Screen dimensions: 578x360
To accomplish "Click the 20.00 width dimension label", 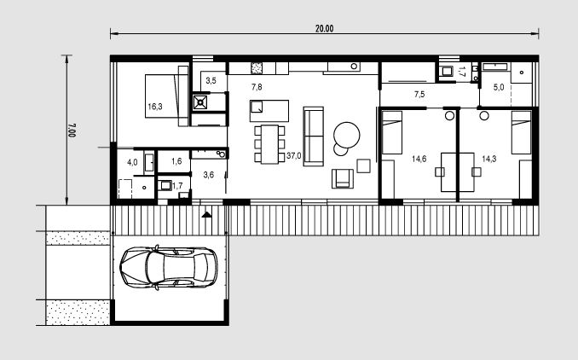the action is click(325, 28).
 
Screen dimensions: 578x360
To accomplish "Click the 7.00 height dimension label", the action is click(72, 131).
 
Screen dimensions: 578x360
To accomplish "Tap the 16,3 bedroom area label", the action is click(155, 107).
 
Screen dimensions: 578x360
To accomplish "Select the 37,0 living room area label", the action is click(294, 155).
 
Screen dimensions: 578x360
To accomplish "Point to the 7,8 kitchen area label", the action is click(257, 87).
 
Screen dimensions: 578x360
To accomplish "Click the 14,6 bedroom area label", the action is click(419, 159).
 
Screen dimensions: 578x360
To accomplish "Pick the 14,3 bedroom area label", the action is click(489, 159).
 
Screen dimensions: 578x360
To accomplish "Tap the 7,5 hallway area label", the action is click(419, 95).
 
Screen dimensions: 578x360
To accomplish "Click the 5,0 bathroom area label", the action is click(499, 87).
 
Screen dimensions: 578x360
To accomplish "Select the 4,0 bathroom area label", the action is click(132, 162).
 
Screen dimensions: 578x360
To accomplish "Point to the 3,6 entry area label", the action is click(209, 175).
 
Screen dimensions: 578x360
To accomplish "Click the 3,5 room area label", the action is click(211, 80).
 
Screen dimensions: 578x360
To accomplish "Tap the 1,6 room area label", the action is click(176, 161).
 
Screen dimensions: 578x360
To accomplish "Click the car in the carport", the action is click(169, 267).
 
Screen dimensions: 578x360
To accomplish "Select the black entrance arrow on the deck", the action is click(207, 214).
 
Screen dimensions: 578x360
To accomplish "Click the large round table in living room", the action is click(346, 135).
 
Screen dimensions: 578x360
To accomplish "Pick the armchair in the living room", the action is click(343, 178).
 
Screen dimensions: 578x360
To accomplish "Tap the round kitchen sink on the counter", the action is click(355, 67).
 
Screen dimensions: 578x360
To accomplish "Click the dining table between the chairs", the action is click(270, 144).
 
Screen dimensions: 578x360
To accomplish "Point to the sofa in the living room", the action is click(314, 136).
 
